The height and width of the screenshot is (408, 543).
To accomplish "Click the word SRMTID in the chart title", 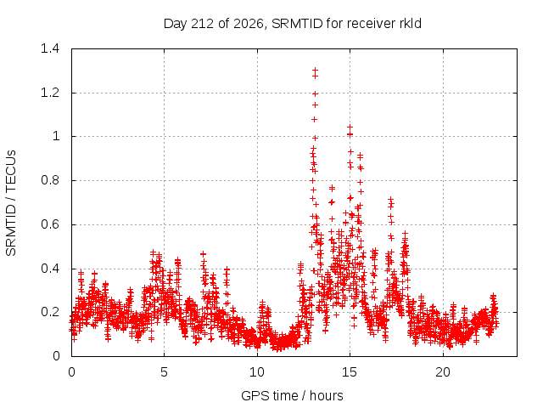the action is [x=297, y=24].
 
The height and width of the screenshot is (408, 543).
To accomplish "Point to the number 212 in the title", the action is [x=203, y=24].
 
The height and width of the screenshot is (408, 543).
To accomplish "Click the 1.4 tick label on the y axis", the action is [x=50, y=48].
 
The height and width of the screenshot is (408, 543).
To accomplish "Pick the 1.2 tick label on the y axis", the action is [x=50, y=93].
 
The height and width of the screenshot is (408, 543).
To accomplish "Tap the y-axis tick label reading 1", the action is [x=56, y=136].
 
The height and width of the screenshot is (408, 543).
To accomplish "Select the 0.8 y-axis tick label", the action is [x=50, y=180].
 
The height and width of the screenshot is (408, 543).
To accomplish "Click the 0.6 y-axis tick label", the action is [x=50, y=224].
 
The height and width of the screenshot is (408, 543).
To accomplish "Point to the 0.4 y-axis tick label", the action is [x=50, y=269].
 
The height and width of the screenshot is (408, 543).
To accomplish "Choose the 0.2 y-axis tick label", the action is [x=50, y=312].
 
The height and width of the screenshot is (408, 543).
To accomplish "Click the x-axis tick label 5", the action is [x=164, y=372].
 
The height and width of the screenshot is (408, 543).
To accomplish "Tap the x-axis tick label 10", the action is [x=256, y=372].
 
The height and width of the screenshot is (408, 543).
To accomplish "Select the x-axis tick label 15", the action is [x=350, y=372].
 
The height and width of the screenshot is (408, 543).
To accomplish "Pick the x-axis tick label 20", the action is [x=443, y=372].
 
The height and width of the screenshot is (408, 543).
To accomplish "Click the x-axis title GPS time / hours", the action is [x=292, y=395].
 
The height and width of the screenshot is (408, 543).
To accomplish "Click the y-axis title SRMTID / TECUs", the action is [x=11, y=203].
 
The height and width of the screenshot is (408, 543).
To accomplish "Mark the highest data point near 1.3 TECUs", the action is [x=315, y=71].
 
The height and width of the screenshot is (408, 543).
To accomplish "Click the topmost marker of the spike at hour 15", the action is [x=350, y=127].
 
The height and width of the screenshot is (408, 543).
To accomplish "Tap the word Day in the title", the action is [x=175, y=24].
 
